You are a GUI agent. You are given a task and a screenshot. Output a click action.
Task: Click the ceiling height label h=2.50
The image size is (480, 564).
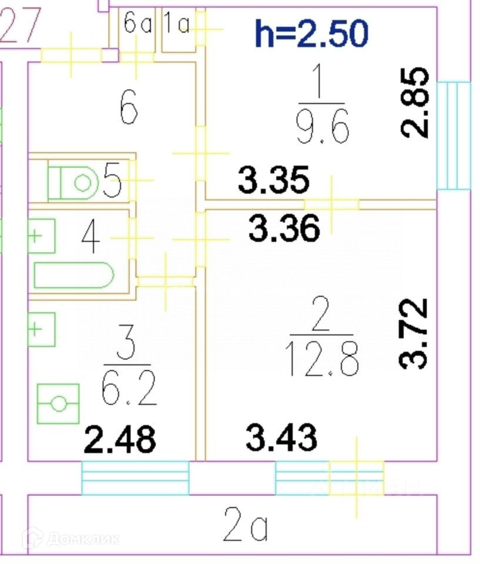[x=311, y=33]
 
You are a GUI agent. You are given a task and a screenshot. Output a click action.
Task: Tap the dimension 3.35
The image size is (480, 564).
[x=273, y=180]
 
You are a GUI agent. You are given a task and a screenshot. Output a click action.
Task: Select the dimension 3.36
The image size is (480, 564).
[x=284, y=228]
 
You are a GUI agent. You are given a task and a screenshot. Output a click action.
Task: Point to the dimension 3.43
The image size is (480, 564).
[x=281, y=438]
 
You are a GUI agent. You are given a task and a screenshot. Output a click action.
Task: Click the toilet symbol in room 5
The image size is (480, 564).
[x=74, y=183]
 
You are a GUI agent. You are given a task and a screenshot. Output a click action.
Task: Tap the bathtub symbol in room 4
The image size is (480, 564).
[x=73, y=275]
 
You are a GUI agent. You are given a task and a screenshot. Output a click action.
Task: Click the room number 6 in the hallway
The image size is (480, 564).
[x=129, y=108]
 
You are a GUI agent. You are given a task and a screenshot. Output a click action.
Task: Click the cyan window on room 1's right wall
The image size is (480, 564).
[x=454, y=136]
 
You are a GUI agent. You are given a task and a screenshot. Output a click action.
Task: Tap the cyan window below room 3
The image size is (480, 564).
[x=135, y=478]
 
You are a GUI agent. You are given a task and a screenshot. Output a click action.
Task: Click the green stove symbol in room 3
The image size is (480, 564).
[x=58, y=403]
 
